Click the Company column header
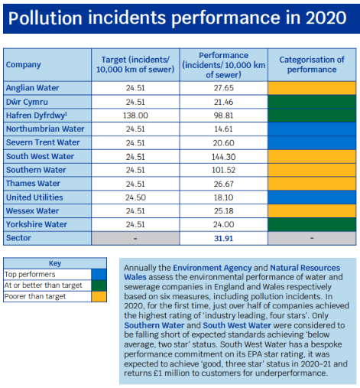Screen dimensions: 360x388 click(x=24, y=64)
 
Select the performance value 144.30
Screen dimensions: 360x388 click(x=223, y=157)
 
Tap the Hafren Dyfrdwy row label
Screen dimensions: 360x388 click(x=37, y=116)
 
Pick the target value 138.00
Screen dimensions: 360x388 click(x=135, y=116)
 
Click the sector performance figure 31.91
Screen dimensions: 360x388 click(x=223, y=238)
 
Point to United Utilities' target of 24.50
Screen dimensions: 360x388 click(x=135, y=197)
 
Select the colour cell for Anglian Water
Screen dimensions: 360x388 click(x=312, y=88)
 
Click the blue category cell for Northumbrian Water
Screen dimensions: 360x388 click(x=312, y=129)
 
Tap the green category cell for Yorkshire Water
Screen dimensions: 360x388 click(x=312, y=224)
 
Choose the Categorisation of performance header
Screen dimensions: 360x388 click(x=312, y=64)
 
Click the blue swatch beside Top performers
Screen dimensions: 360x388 click(x=99, y=275)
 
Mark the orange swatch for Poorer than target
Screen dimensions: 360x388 click(x=99, y=296)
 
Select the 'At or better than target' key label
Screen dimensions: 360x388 click(x=43, y=285)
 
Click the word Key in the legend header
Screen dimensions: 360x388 click(x=55, y=263)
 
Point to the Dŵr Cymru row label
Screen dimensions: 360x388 click(x=27, y=102)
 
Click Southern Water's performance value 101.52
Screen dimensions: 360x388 click(x=223, y=170)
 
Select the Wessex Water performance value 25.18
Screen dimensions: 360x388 click(x=223, y=211)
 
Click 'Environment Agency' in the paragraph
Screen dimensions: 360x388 click(x=212, y=268)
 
